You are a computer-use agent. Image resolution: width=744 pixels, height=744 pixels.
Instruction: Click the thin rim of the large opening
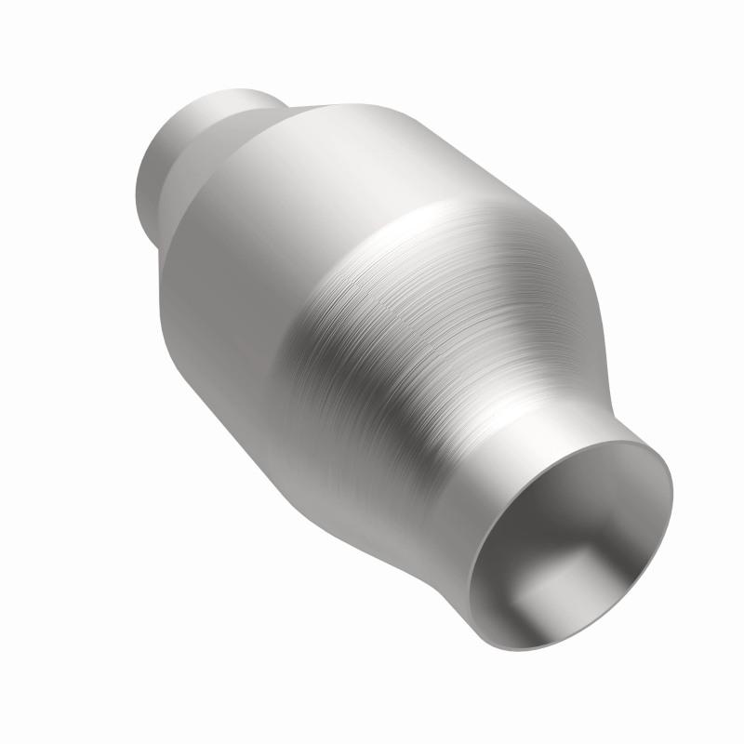pos(668,521)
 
